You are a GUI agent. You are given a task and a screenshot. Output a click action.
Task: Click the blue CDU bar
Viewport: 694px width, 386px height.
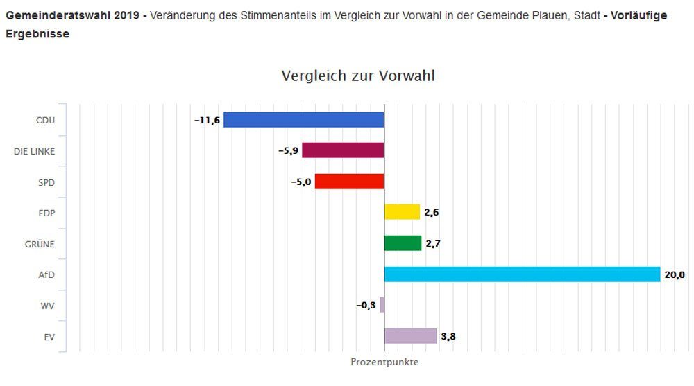click(303, 120)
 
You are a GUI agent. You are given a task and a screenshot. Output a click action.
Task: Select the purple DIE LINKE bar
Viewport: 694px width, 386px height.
click(343, 150)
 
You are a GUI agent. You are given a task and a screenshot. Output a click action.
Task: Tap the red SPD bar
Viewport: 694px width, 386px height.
click(349, 182)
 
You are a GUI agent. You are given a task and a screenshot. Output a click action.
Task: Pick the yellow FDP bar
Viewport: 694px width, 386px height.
click(402, 212)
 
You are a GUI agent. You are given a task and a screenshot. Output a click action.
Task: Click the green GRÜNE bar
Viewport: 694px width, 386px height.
click(403, 243)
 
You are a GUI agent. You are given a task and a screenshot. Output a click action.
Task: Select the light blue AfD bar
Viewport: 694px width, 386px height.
click(522, 274)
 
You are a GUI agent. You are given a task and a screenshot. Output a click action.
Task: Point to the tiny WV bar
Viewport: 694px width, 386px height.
click(382, 305)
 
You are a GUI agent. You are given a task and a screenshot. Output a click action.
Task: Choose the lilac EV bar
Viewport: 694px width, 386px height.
click(410, 336)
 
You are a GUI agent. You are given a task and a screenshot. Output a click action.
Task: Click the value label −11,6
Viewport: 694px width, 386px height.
click(207, 121)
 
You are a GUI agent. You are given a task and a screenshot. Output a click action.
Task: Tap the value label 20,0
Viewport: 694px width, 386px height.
click(675, 275)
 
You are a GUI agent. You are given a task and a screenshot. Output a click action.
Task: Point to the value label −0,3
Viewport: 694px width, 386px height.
click(365, 306)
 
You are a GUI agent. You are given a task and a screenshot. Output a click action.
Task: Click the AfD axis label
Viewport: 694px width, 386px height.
click(46, 275)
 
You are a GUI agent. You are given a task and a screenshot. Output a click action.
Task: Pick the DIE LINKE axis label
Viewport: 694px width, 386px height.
click(34, 151)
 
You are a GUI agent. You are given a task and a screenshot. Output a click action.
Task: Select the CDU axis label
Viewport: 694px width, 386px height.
click(45, 121)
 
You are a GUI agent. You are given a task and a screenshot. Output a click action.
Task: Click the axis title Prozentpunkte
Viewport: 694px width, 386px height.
click(384, 362)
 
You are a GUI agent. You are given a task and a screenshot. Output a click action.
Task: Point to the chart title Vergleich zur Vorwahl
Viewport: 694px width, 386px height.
click(358, 76)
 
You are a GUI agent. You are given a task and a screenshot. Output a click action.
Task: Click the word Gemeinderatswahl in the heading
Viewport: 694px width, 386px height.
click(48, 15)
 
